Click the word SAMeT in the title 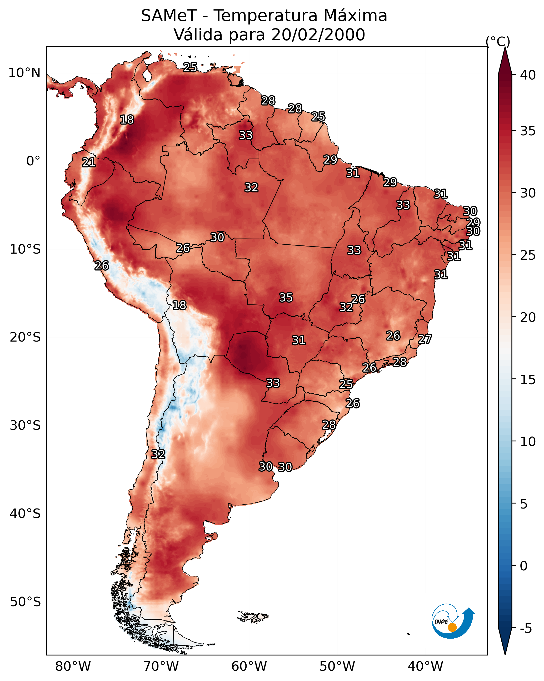169,16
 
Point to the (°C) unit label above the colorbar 498,41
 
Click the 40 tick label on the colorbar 528,75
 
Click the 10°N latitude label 24,73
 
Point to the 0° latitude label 33,161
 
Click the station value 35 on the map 286,298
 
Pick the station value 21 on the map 89,163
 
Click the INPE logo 452,621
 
